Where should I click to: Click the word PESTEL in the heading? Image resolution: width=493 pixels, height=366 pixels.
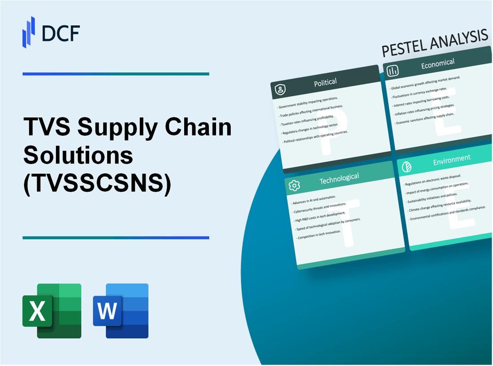click(405, 47)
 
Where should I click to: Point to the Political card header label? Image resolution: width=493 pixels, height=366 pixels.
click(325, 82)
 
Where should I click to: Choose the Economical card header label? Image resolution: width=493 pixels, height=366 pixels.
click(437, 63)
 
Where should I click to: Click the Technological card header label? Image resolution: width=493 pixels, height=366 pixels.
click(339, 178)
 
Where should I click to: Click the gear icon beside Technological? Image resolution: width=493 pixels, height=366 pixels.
click(294, 185)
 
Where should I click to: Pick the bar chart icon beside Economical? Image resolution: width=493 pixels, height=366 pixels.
click(393, 71)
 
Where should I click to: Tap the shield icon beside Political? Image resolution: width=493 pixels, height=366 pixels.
click(281, 90)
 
